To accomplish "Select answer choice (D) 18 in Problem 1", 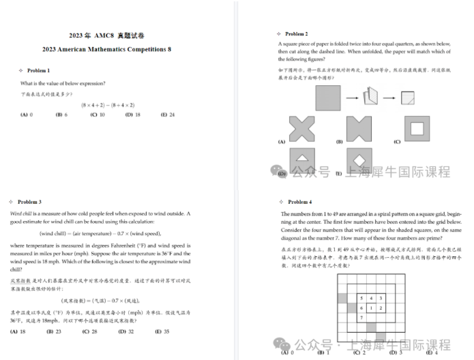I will pos(132,115).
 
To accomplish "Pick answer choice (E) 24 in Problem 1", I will pos(168,115).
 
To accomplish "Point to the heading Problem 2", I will pos(296,33).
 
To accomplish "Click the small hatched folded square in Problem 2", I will pos(407,98).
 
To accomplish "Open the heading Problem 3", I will pos(29,202).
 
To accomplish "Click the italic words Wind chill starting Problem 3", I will pos(22,213).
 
